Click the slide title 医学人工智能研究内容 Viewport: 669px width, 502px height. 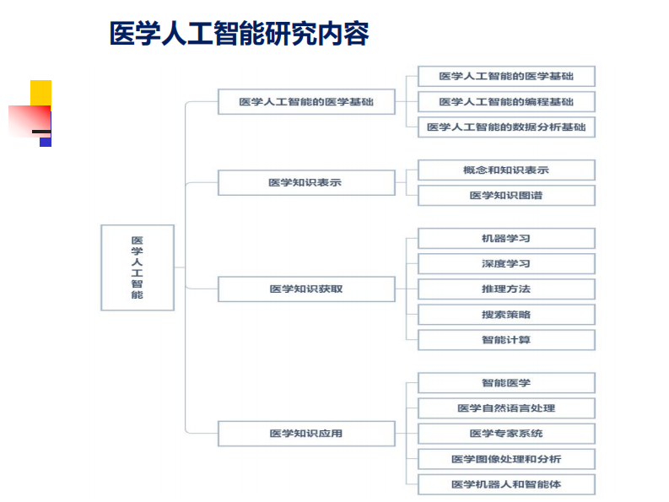pyautogui.click(x=239, y=34)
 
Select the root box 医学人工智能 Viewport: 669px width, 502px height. pyautogui.click(x=138, y=267)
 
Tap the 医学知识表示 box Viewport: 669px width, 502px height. pyautogui.click(x=306, y=182)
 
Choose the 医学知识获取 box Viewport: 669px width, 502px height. pyautogui.click(x=306, y=289)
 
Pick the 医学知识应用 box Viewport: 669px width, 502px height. pyautogui.click(x=306, y=434)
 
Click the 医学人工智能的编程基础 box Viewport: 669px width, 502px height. pyautogui.click(x=506, y=102)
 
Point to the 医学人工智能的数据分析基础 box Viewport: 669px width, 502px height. pyautogui.click(x=506, y=127)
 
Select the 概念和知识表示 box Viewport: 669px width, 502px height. pyautogui.click(x=506, y=170)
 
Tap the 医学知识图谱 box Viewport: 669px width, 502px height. pyautogui.click(x=506, y=196)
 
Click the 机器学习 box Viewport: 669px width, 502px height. pyautogui.click(x=506, y=238)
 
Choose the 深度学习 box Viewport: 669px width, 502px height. pyautogui.click(x=506, y=263)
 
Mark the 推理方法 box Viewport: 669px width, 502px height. pyautogui.click(x=506, y=289)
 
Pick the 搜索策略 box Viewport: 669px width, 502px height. pyautogui.click(x=506, y=315)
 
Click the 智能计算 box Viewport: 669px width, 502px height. pyautogui.click(x=506, y=340)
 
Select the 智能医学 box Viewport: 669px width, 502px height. pyautogui.click(x=506, y=383)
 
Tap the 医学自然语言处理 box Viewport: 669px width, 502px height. pyautogui.click(x=506, y=408)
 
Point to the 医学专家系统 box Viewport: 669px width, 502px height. pyautogui.click(x=506, y=434)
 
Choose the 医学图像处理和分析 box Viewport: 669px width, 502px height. pyautogui.click(x=506, y=459)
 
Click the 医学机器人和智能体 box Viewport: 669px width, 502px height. pyautogui.click(x=506, y=484)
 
